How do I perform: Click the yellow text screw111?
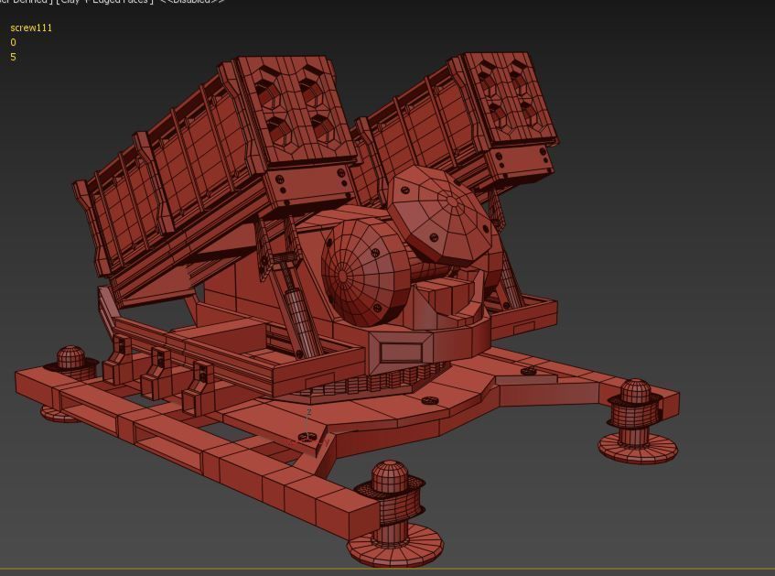point(31,28)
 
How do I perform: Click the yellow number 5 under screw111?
point(13,57)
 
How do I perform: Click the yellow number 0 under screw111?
point(13,42)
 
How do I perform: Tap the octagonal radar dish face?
point(442,214)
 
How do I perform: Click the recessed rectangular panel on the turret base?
point(401,353)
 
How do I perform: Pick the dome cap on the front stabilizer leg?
point(391,477)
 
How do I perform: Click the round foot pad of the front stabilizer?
point(395,547)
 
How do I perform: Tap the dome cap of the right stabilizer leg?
point(636,393)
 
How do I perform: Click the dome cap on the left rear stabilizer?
point(70,356)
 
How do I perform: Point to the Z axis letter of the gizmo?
point(308,413)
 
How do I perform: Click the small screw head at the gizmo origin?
point(308,439)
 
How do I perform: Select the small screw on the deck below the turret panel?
point(430,400)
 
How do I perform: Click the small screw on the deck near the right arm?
point(528,372)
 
